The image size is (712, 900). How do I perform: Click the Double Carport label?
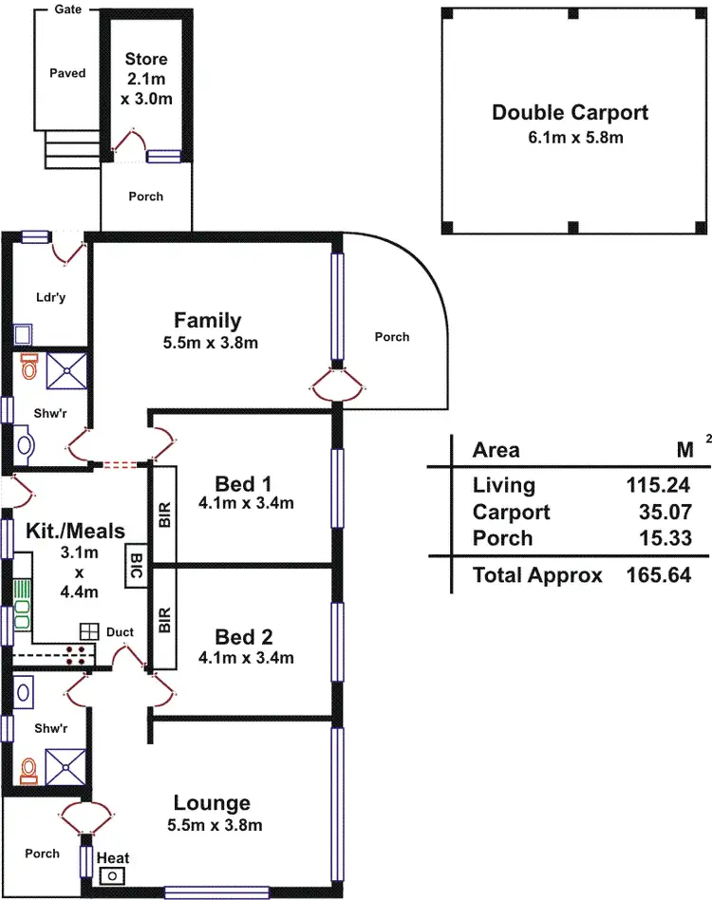pos(570,113)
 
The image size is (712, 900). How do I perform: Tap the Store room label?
pos(146,59)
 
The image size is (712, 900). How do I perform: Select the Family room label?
pos(208,320)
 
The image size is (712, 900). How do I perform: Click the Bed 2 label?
pos(245,635)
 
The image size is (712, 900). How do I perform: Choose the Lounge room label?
pos(212,803)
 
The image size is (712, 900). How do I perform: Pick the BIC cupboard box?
pos(136,568)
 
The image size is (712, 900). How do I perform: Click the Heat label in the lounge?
pos(113,858)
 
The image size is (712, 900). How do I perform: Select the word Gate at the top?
pos(67,9)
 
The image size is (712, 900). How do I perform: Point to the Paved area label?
pos(67,73)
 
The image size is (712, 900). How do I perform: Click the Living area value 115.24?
pos(657,485)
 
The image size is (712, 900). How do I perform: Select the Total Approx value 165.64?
pos(657,574)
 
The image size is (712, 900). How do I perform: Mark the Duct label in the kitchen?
pos(120,631)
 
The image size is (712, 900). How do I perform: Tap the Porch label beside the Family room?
pos(391,336)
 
